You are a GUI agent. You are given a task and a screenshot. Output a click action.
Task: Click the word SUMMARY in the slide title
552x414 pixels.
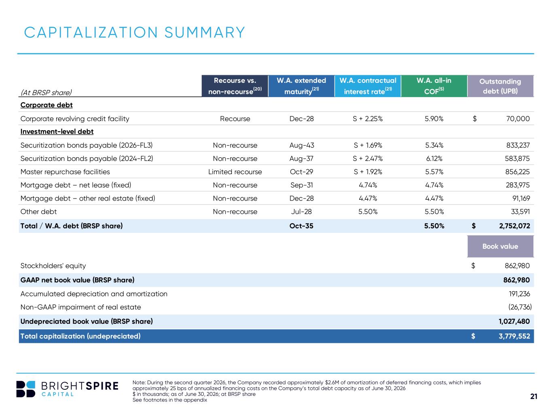205,32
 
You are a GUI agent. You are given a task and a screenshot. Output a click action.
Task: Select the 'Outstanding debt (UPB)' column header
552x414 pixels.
500,86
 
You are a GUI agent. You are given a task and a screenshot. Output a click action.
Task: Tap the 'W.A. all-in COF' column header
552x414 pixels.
434,86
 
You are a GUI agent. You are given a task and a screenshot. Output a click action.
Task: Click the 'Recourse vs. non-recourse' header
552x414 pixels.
235,86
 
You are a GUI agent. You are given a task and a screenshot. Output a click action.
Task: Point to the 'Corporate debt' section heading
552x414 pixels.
46,105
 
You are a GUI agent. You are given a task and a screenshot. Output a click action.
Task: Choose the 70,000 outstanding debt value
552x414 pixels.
518,118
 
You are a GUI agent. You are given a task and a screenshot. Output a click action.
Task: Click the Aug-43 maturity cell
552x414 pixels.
302,145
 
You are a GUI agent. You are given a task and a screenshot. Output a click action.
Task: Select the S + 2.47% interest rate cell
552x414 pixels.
368,158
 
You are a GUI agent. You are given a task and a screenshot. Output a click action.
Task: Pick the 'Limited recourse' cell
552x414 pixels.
235,172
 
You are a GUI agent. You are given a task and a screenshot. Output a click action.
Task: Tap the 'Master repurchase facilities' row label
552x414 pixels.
65,172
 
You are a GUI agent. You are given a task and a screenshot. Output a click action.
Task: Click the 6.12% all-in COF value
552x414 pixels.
434,158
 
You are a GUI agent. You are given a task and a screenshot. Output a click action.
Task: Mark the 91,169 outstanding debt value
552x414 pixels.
521,199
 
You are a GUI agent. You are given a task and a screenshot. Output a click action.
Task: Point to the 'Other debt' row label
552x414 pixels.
38,212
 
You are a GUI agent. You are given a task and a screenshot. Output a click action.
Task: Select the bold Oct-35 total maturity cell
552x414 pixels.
301,226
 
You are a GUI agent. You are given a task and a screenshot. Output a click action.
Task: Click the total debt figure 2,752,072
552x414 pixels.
514,226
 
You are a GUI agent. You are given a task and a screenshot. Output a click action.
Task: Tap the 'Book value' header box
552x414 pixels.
500,246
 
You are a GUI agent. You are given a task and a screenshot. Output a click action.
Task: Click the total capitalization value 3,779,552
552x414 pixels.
514,336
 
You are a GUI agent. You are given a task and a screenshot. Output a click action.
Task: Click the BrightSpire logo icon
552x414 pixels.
25,389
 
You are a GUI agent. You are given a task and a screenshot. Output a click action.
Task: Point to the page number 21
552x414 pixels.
534,396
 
